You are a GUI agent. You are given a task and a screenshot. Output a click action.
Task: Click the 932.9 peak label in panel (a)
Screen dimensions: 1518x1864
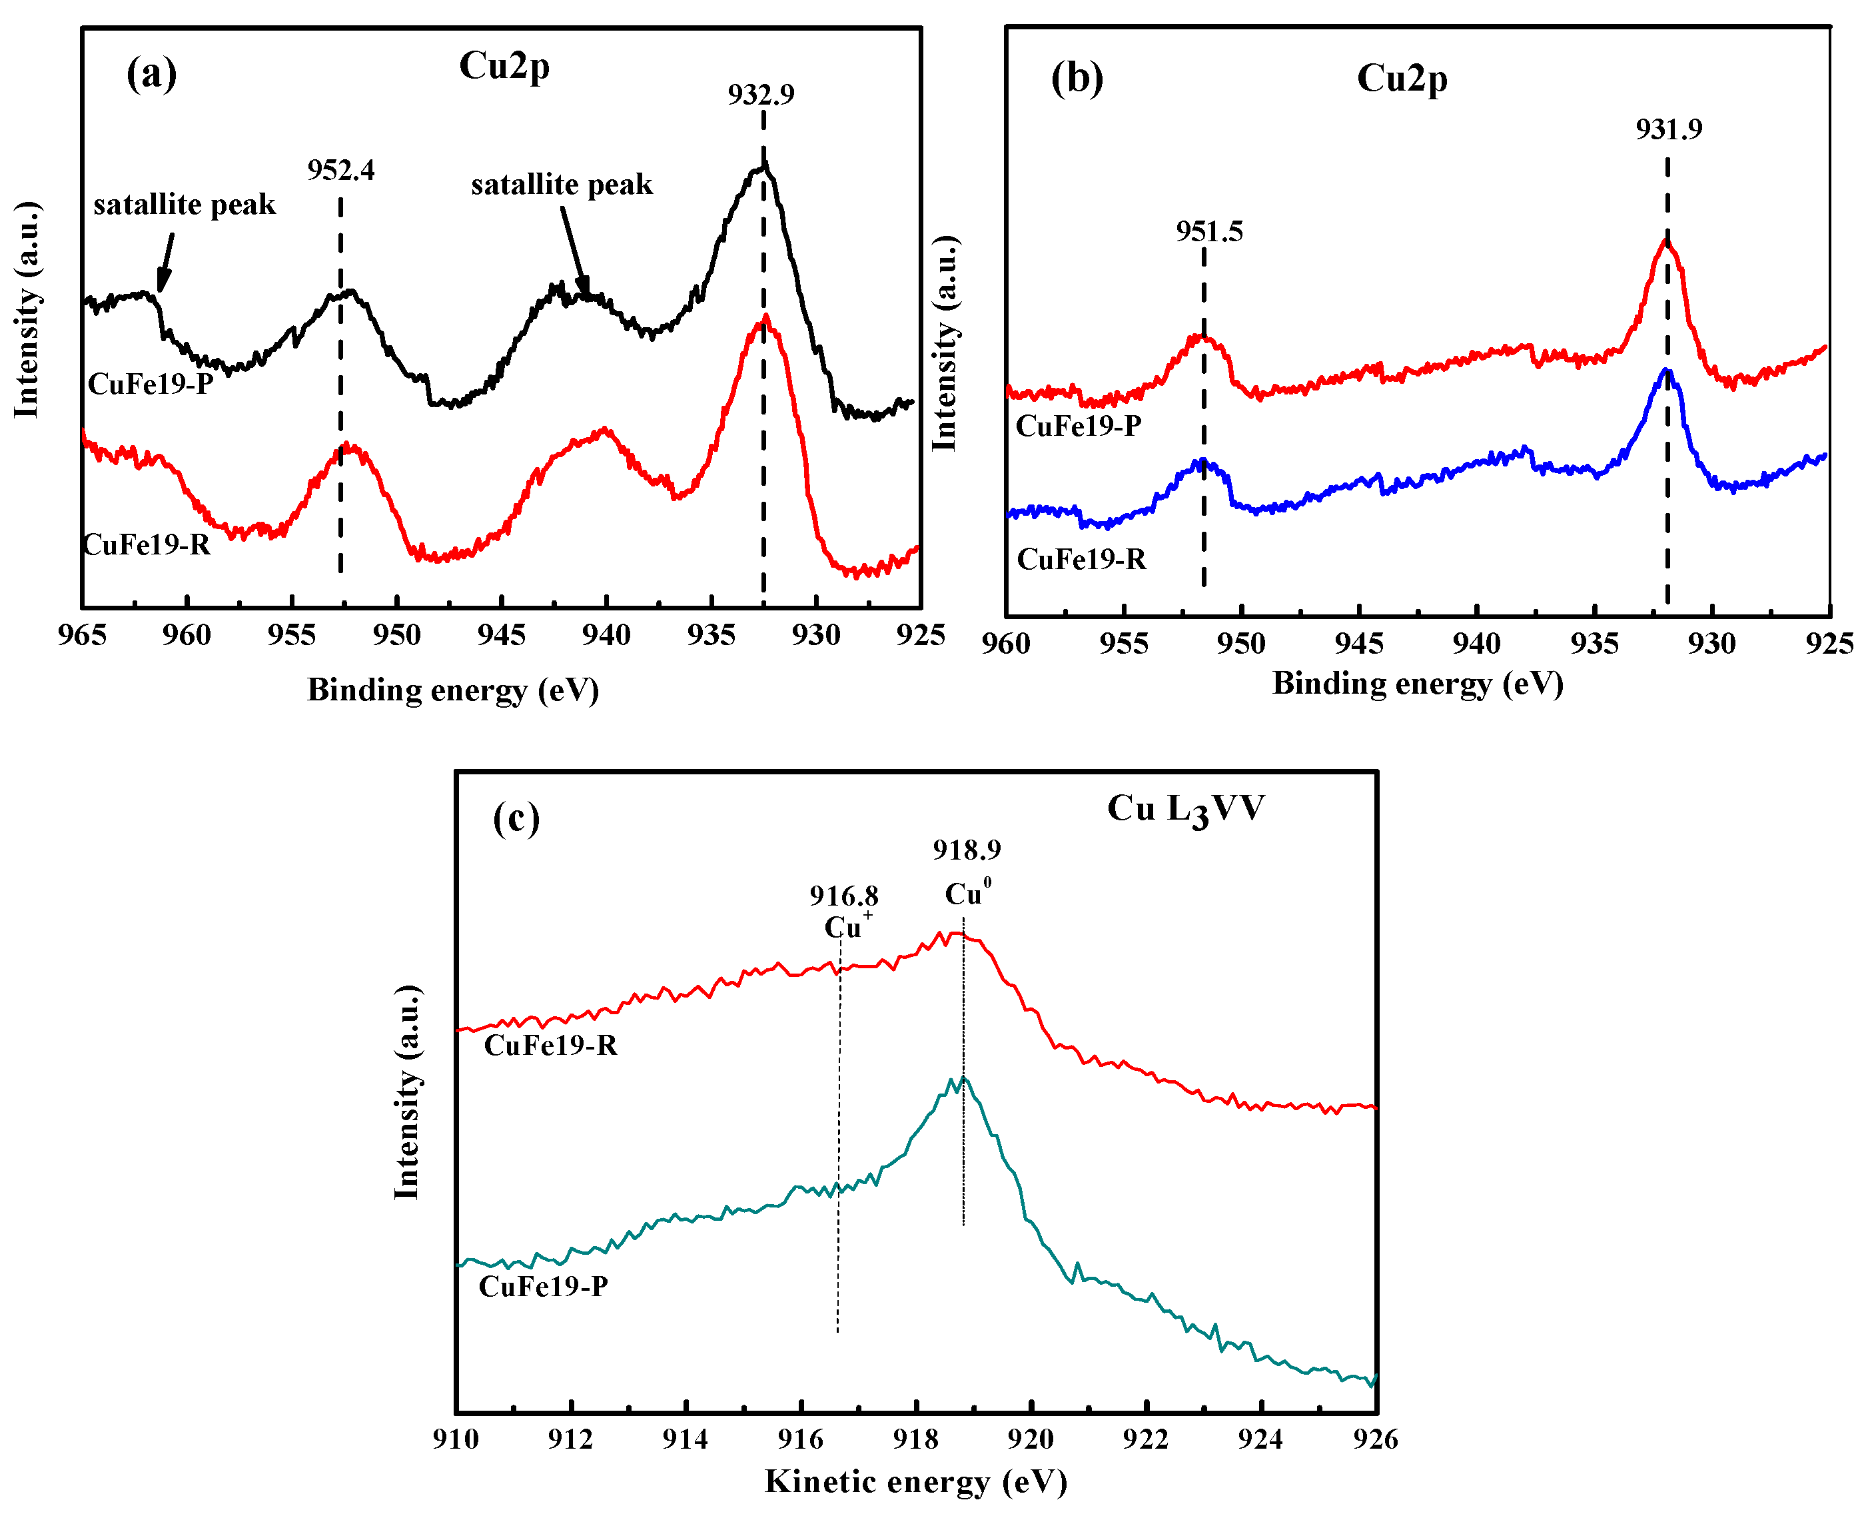(x=761, y=95)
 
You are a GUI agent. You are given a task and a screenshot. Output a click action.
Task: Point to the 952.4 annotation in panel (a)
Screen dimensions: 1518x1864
(x=341, y=170)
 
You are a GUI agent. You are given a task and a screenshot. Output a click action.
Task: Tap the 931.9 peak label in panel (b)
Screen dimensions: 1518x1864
(x=1668, y=129)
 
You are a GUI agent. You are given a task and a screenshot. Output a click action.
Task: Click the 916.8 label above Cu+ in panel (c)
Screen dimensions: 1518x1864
(x=843, y=896)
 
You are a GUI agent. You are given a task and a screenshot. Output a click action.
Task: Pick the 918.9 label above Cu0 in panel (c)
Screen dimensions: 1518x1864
(x=966, y=849)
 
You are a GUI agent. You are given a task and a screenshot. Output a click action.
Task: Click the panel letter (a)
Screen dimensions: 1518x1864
(x=151, y=73)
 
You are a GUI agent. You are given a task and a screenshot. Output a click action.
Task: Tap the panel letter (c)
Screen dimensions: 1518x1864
(x=516, y=818)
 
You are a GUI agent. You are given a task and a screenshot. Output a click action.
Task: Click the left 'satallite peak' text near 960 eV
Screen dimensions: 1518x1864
(x=185, y=205)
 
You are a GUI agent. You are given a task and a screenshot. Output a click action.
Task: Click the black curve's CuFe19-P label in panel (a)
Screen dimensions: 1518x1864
(x=151, y=384)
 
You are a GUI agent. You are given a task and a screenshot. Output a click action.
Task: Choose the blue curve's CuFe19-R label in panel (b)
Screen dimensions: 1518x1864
(x=1081, y=559)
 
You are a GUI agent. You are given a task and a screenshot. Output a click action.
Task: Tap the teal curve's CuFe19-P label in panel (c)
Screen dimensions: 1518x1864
(x=543, y=1286)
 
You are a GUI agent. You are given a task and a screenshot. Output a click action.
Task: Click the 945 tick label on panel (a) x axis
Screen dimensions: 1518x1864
(x=501, y=635)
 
